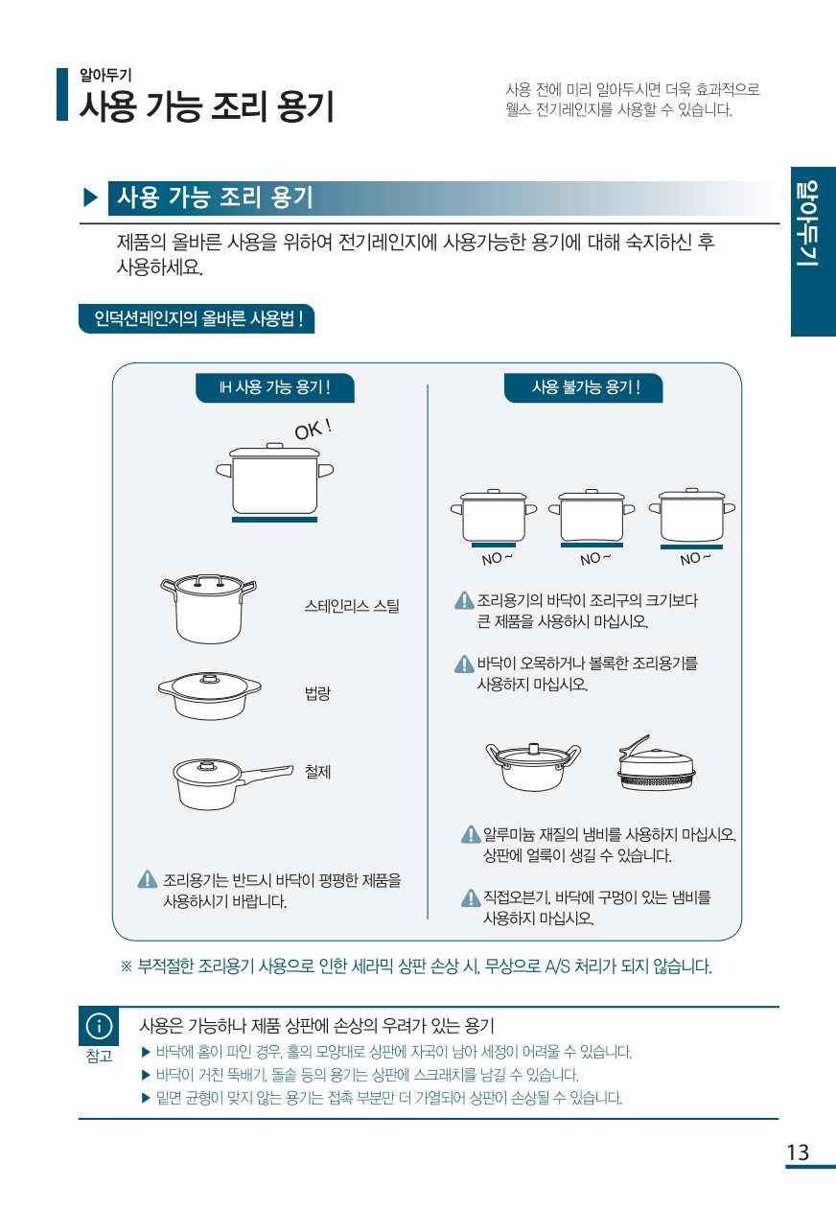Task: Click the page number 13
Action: point(797,1152)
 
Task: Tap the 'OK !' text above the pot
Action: point(313,430)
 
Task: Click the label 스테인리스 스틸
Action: point(352,606)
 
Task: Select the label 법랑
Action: point(317,693)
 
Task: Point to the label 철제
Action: point(317,772)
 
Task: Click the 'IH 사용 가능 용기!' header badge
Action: point(275,387)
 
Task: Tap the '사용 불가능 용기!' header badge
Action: point(583,387)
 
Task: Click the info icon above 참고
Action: point(99,1026)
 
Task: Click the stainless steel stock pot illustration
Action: point(208,608)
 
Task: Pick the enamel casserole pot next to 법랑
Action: point(210,695)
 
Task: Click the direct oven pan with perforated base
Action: point(656,763)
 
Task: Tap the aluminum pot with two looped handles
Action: point(534,766)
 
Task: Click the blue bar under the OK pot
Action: point(274,520)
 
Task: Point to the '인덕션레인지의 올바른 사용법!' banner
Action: point(197,318)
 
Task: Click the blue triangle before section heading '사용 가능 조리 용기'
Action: point(90,198)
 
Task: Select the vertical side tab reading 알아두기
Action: point(813,251)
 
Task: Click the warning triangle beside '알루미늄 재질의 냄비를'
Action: point(471,834)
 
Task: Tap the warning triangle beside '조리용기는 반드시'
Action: point(147,879)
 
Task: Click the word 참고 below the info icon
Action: point(99,1056)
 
